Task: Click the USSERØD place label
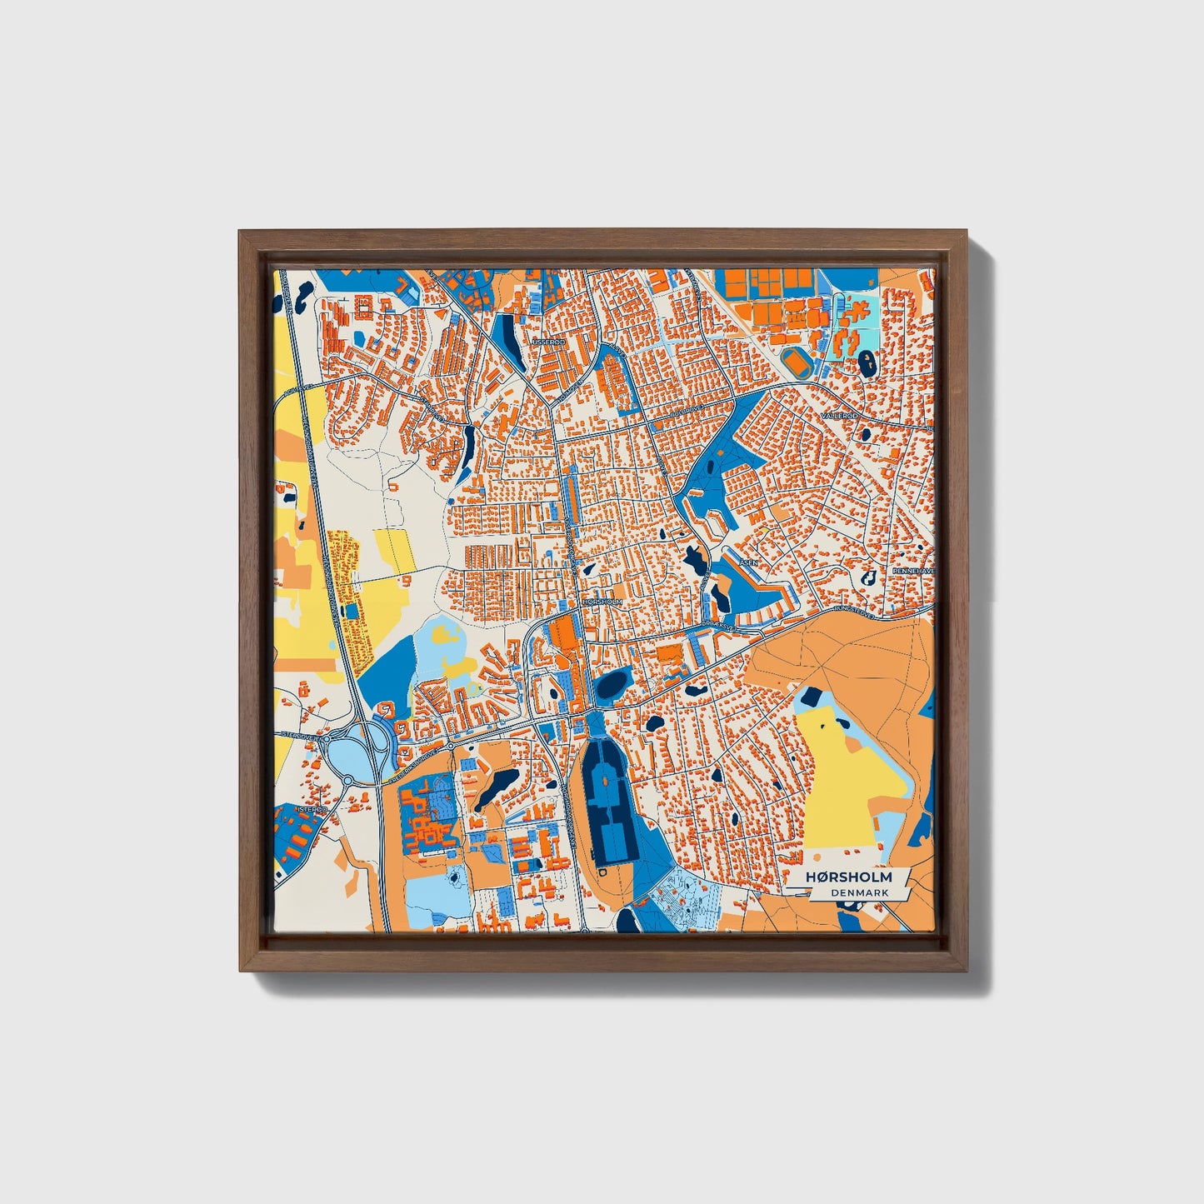[548, 342]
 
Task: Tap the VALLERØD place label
[838, 415]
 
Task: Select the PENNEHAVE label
[913, 571]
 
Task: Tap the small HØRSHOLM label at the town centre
[602, 601]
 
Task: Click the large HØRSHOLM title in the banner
[848, 877]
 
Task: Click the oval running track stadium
[798, 361]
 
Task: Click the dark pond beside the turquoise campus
[867, 362]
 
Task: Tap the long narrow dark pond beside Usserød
[510, 343]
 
